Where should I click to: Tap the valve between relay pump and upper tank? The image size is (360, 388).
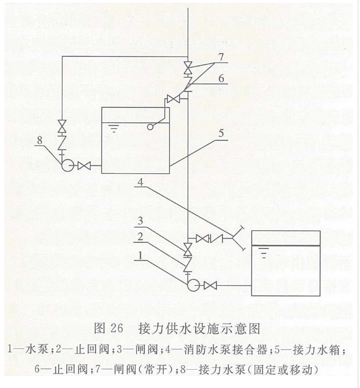click(x=83, y=166)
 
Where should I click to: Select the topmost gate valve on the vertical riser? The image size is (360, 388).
click(x=187, y=69)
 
